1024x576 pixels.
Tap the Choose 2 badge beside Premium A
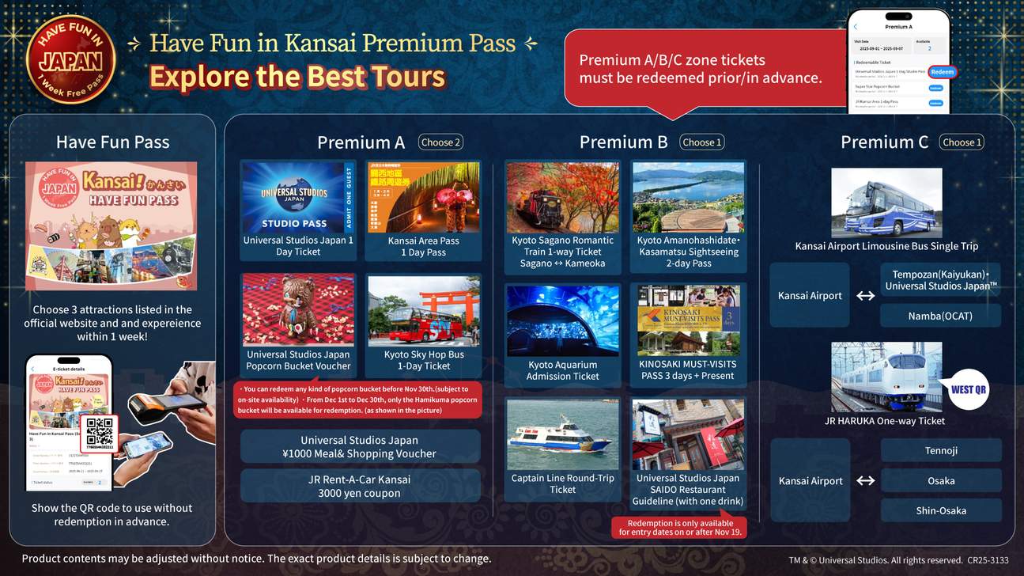pyautogui.click(x=440, y=142)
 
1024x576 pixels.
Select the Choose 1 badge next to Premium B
pyautogui.click(x=702, y=142)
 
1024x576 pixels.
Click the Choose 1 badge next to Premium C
pyautogui.click(x=962, y=142)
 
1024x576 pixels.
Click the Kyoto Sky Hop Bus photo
pyautogui.click(x=424, y=312)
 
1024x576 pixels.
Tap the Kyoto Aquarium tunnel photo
pyautogui.click(x=562, y=320)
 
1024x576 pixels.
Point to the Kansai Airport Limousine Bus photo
pyautogui.click(x=886, y=203)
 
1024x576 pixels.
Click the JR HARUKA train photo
pyautogui.click(x=886, y=377)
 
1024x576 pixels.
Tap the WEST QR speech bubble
pyautogui.click(x=968, y=389)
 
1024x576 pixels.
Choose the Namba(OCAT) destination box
pyautogui.click(x=940, y=316)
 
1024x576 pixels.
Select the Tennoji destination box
pyautogui.click(x=941, y=450)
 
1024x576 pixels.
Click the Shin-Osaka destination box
pyautogui.click(x=941, y=510)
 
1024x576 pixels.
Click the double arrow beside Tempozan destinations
pyautogui.click(x=866, y=296)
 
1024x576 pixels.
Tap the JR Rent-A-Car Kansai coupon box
pyautogui.click(x=360, y=486)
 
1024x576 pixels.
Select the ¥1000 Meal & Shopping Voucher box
pyautogui.click(x=360, y=446)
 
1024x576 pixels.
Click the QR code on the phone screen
pyautogui.click(x=99, y=432)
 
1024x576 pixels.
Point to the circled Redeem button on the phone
pyautogui.click(x=942, y=72)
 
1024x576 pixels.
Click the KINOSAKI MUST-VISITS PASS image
pyautogui.click(x=689, y=320)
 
